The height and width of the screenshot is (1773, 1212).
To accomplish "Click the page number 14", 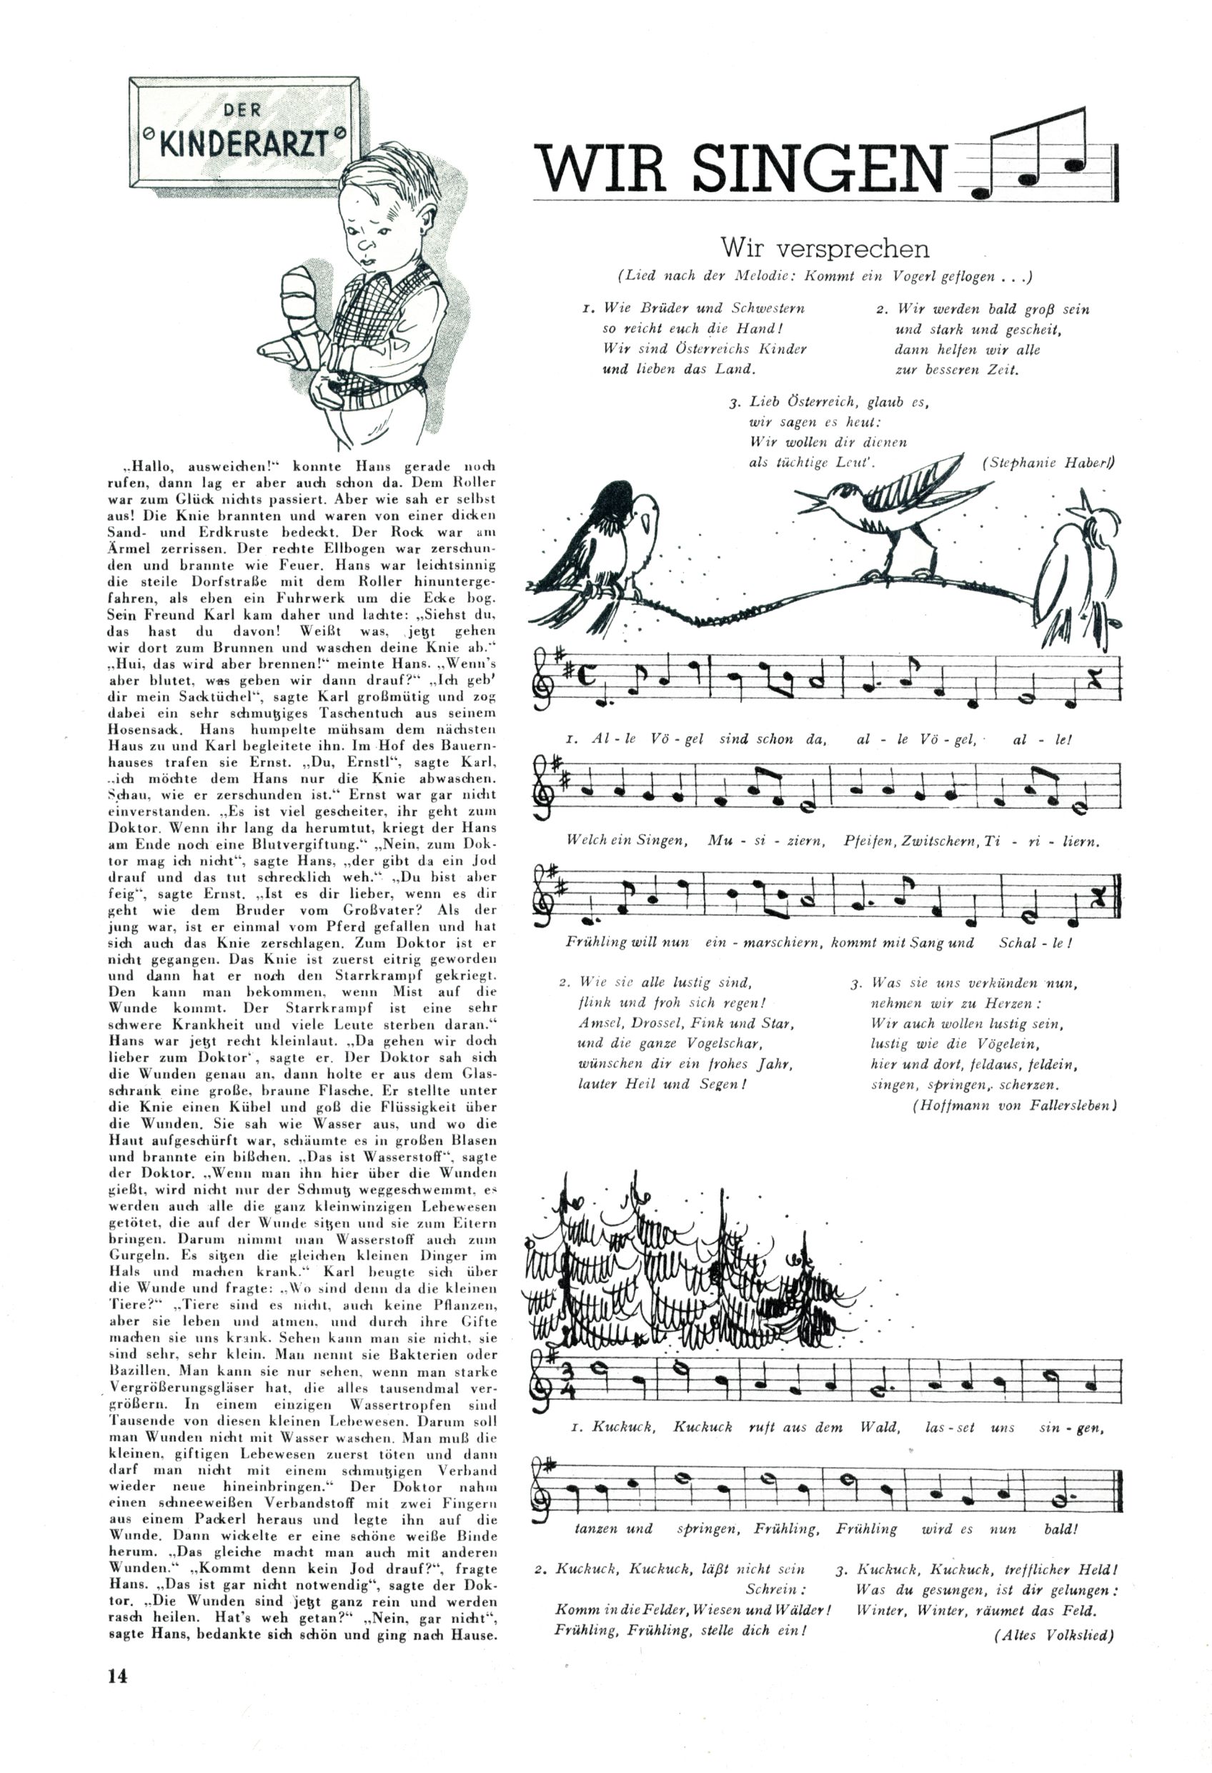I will point(117,1676).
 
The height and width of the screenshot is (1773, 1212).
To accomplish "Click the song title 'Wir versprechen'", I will point(825,248).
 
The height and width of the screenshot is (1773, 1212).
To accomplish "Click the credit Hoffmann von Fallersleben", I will point(1015,1105).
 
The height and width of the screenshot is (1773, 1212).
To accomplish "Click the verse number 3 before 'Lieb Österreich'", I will point(733,402).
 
